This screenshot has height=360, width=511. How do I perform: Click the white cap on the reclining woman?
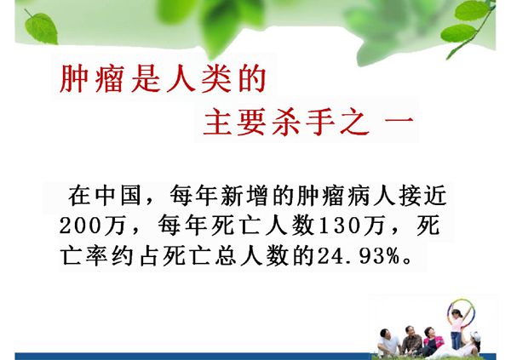[x=476, y=336]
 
